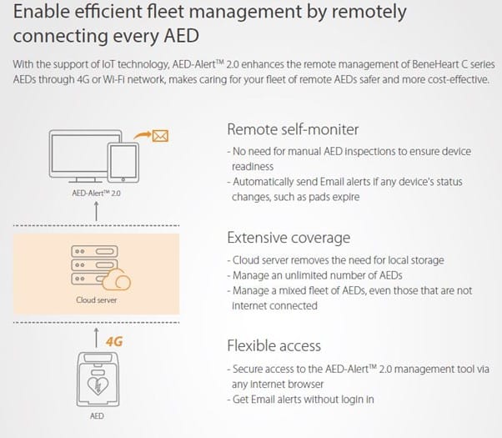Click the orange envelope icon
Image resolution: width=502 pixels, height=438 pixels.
160,136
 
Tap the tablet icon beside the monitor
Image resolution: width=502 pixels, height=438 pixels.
123,163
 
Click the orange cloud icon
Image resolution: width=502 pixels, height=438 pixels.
117,279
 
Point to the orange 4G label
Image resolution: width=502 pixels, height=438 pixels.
114,341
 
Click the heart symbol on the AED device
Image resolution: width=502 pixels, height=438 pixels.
98,385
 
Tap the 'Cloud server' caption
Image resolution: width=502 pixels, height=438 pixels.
97,300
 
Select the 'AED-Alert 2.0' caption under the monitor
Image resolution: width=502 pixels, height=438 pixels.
97,194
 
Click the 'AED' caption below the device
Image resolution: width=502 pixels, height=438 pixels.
97,416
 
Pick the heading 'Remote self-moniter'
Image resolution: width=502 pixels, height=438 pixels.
293,129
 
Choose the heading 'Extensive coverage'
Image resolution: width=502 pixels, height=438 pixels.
289,238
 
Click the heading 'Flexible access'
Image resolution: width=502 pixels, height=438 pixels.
274,345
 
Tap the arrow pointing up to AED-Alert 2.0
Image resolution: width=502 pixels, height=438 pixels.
96,211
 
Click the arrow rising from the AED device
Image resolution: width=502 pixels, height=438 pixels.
96,338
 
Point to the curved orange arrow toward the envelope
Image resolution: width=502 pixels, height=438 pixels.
142,135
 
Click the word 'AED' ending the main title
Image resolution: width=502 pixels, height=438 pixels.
182,36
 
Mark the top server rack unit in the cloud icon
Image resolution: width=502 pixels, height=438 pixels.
94,251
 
